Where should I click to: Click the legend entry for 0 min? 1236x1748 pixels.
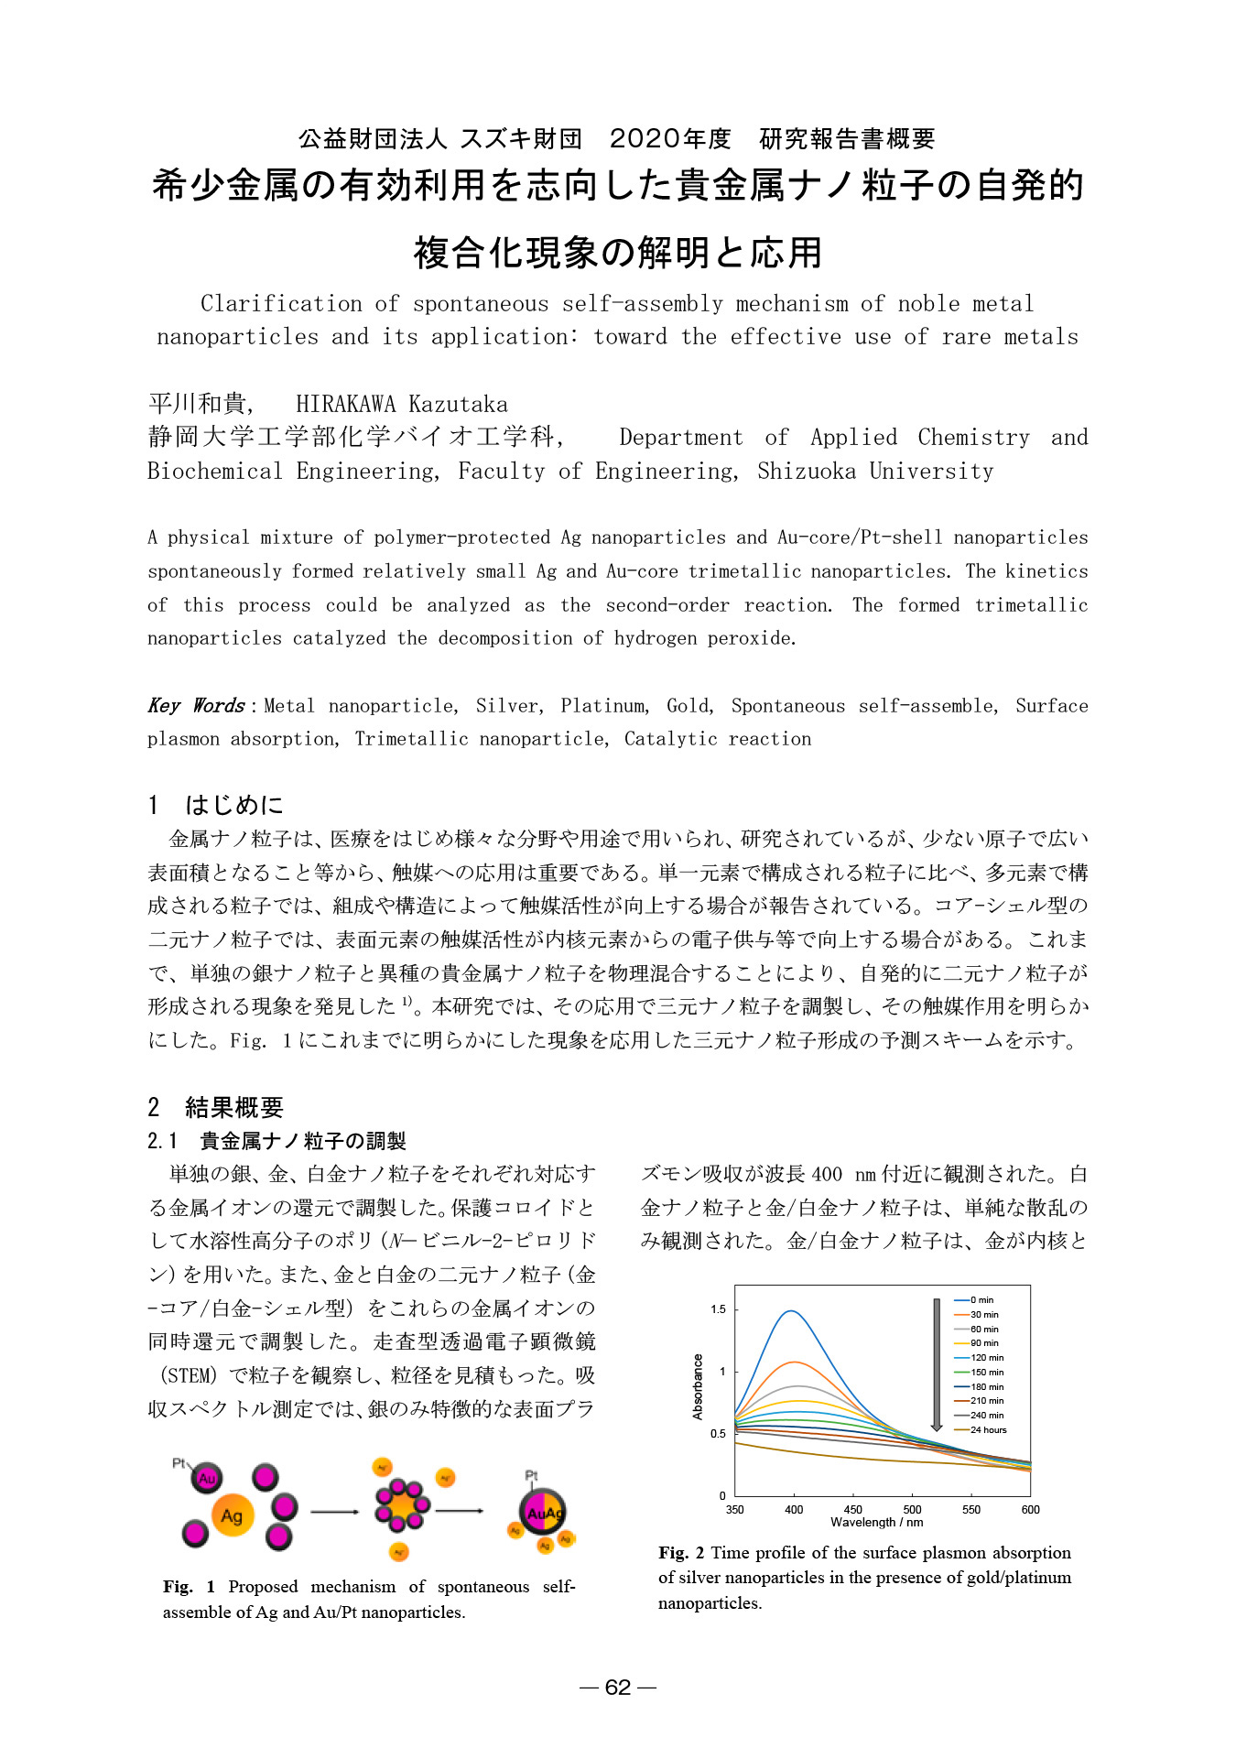981,1299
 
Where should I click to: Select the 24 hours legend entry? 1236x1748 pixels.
987,1429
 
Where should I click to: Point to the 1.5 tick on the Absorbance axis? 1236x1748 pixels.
718,1309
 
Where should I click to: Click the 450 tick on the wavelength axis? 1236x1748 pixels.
853,1509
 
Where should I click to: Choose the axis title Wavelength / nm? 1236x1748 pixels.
876,1523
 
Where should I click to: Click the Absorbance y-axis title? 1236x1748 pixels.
698,1386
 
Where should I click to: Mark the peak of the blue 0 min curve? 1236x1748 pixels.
791,1311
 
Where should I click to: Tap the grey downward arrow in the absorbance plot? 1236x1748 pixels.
936,1364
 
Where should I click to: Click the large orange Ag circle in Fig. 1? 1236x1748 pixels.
232,1515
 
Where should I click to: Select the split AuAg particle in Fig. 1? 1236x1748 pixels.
544,1513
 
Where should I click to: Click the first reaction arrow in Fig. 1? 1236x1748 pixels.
335,1511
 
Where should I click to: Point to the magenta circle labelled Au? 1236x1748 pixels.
206,1477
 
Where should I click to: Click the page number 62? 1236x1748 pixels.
618,1688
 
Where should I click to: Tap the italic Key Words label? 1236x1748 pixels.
196,705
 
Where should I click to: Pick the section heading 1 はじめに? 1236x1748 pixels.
216,805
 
